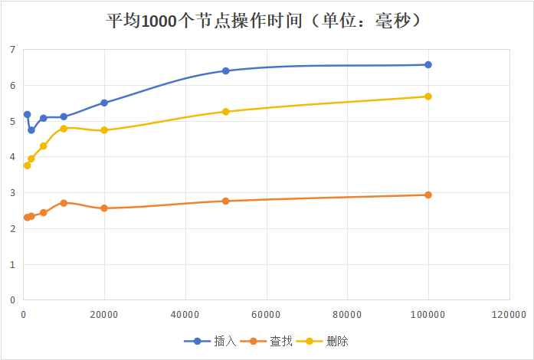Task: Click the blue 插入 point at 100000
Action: pos(428,65)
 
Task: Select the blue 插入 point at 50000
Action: pos(225,70)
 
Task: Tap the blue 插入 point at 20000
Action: pos(104,103)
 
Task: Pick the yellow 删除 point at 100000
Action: pos(428,97)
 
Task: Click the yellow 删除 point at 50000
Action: pos(225,112)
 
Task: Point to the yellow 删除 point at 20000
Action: pos(104,130)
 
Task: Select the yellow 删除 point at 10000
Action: pos(64,129)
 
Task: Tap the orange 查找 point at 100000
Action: pos(428,195)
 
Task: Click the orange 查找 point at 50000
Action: pos(225,201)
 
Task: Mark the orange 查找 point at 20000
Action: pos(104,208)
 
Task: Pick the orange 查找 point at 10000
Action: pos(64,203)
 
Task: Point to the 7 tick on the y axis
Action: pos(12,50)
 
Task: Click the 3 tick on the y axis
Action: pos(12,193)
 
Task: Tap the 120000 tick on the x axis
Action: pos(509,313)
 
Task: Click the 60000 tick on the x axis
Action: pos(266,313)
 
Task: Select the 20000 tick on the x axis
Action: pos(104,313)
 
